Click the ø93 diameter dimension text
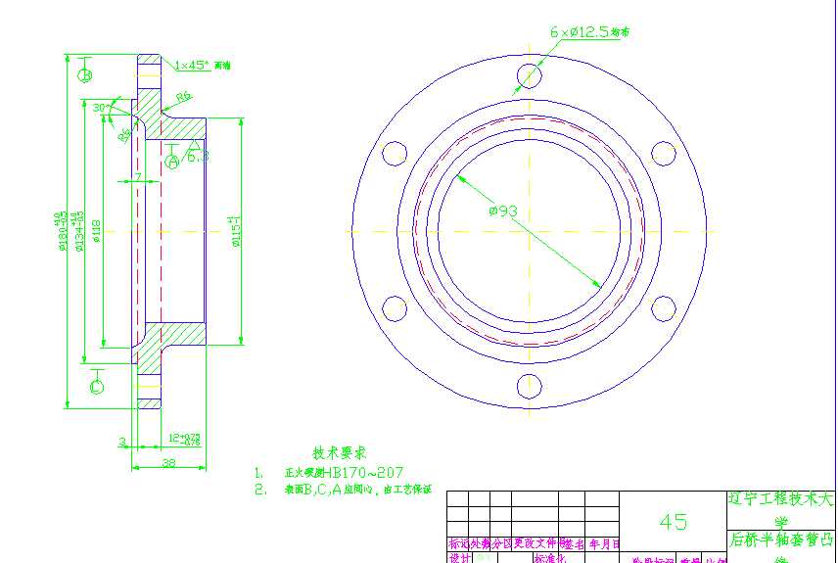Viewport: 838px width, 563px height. click(x=503, y=211)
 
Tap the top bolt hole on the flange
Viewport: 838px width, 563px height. click(x=530, y=75)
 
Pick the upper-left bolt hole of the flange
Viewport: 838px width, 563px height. click(x=395, y=153)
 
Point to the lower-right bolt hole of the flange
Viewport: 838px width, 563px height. click(x=664, y=308)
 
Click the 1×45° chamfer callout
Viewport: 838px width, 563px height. click(x=192, y=66)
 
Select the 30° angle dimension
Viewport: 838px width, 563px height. click(x=99, y=108)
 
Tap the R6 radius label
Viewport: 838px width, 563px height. click(x=184, y=97)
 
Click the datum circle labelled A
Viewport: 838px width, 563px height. click(x=172, y=162)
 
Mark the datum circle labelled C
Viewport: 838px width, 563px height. click(x=96, y=387)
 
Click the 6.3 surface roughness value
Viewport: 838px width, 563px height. click(x=197, y=156)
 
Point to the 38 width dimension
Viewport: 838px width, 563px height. click(x=168, y=463)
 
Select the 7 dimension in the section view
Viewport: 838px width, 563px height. click(x=138, y=176)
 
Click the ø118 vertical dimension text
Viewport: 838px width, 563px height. click(x=95, y=231)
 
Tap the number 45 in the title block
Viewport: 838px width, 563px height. click(x=673, y=521)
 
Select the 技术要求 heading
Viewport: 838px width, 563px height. click(x=339, y=452)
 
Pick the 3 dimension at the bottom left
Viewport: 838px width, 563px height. click(x=120, y=442)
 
